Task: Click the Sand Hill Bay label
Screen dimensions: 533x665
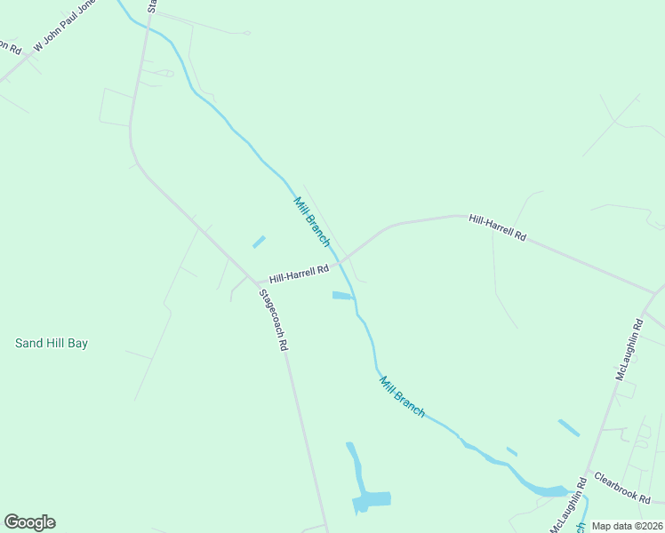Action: [x=52, y=343]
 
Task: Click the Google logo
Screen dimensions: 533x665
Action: [x=29, y=522]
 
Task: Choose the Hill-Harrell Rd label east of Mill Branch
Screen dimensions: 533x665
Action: [x=498, y=227]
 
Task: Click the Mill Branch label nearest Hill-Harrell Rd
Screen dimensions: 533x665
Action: [x=312, y=222]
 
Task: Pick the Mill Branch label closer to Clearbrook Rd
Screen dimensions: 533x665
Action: [x=402, y=397]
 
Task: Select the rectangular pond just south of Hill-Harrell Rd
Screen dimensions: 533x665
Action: [x=342, y=296]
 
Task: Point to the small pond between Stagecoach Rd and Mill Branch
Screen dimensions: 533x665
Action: [x=259, y=242]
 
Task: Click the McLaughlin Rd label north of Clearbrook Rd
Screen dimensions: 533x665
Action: [x=629, y=349]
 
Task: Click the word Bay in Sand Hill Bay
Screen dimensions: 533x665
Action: [x=77, y=343]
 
